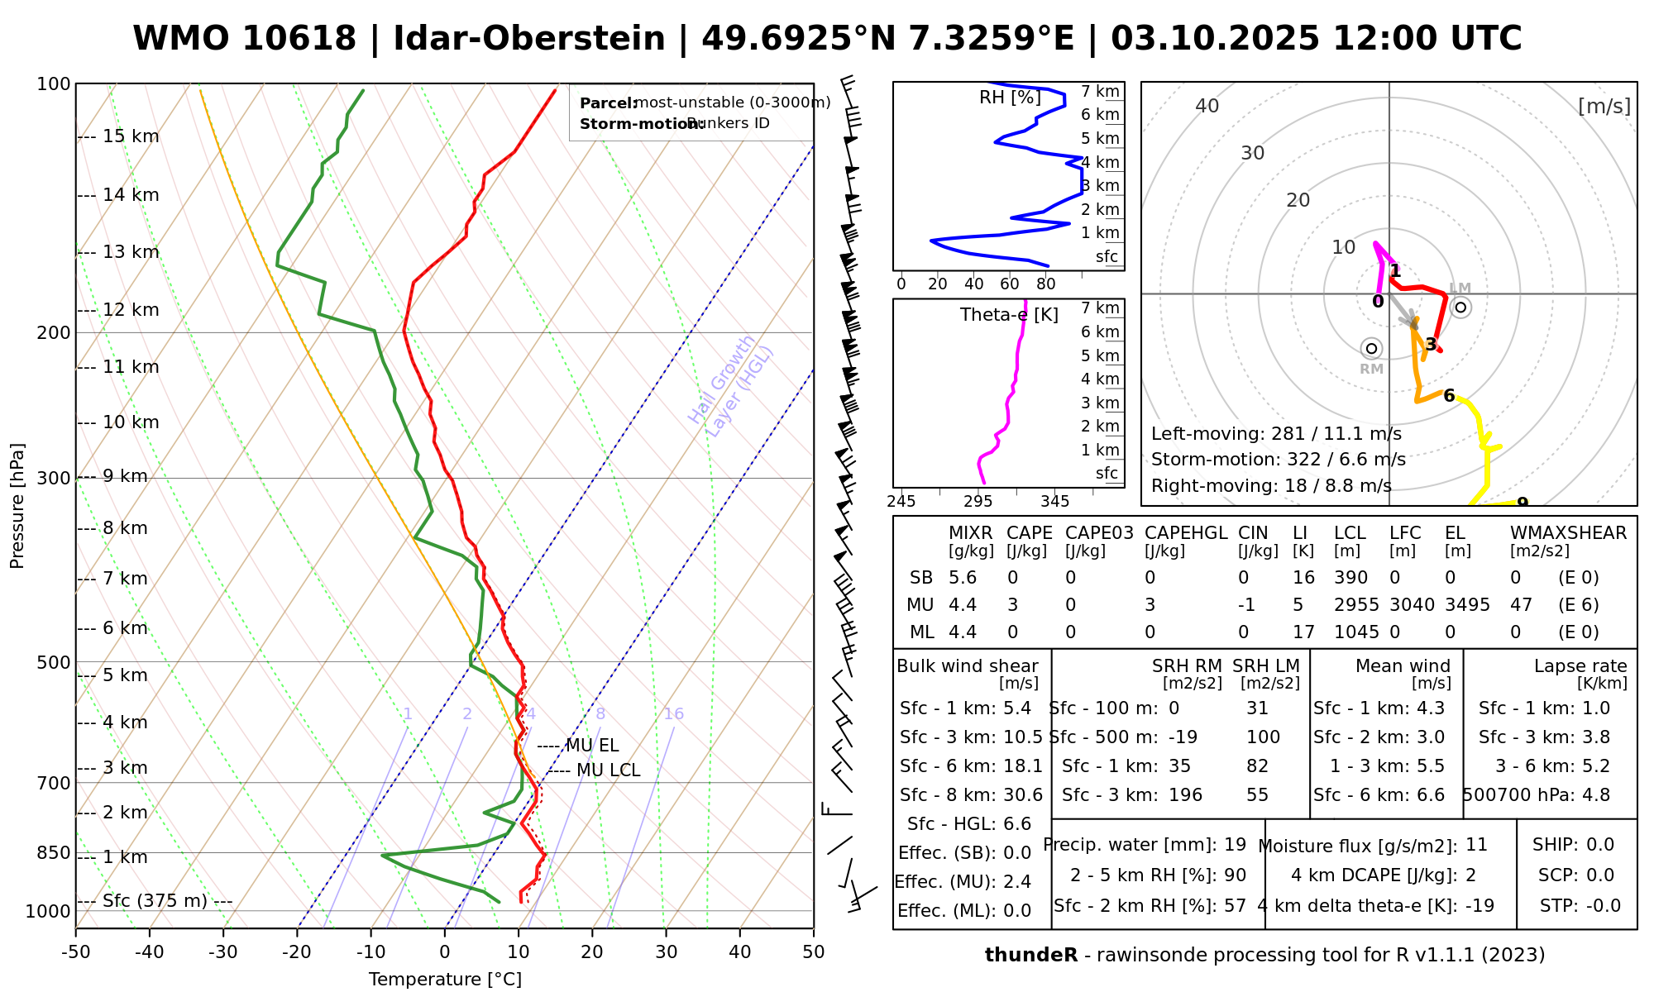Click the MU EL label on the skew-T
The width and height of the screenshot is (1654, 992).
[591, 746]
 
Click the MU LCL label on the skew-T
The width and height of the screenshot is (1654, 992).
[608, 770]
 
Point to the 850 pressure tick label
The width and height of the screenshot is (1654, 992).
[55, 852]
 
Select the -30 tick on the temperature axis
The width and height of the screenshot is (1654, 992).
[223, 952]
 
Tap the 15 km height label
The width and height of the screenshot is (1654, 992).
[131, 136]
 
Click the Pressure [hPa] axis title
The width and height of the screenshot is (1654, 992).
[17, 506]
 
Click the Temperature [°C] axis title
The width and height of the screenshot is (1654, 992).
[445, 980]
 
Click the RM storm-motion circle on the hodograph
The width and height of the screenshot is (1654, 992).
[1371, 349]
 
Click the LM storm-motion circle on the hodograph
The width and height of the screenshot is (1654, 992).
[1460, 308]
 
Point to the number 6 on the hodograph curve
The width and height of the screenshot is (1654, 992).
[1449, 396]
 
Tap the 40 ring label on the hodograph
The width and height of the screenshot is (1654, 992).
[1207, 106]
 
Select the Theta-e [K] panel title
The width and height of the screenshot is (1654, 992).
[1009, 315]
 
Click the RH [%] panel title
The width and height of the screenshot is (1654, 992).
[1010, 98]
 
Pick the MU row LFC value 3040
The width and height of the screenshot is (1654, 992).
[1412, 605]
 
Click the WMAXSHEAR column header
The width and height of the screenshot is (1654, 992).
[1568, 533]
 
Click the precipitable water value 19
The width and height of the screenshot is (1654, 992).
[1235, 845]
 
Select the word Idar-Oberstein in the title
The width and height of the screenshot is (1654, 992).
[529, 39]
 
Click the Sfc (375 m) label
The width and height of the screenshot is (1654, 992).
[155, 900]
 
